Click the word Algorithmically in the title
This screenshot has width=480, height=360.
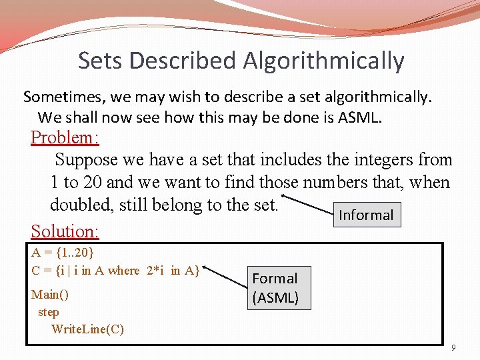tap(323, 61)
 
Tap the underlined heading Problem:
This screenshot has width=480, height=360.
tap(65, 138)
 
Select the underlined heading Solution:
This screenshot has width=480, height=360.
tap(65, 231)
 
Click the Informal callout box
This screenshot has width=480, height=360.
tap(367, 215)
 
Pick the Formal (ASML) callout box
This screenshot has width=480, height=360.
tap(275, 288)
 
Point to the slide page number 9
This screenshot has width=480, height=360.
tap(454, 347)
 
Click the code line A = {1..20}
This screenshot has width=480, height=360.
tap(63, 253)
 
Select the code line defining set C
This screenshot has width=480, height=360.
tap(115, 270)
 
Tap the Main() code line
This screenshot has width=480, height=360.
tap(50, 294)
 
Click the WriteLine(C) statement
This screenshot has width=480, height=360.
tap(87, 329)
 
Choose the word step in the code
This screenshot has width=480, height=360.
tap(49, 311)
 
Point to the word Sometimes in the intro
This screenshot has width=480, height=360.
tap(64, 97)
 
